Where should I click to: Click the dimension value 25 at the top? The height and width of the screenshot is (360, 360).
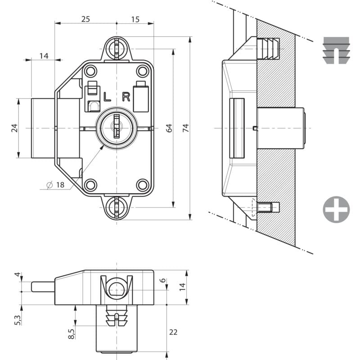pyautogui.click(x=85, y=19)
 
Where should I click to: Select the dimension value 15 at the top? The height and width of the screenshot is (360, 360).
pyautogui.click(x=135, y=19)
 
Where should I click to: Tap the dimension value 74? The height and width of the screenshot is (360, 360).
pyautogui.click(x=185, y=128)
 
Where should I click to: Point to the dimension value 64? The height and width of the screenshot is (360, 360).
pyautogui.click(x=169, y=128)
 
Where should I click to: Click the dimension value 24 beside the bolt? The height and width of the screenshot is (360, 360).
pyautogui.click(x=14, y=128)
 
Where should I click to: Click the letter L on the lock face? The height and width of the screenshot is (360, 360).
pyautogui.click(x=107, y=96)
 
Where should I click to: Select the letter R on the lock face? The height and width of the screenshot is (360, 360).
pyautogui.click(x=126, y=96)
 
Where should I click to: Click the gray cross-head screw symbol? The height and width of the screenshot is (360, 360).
pyautogui.click(x=336, y=209)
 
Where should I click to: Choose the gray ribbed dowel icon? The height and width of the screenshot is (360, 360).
pyautogui.click(x=336, y=50)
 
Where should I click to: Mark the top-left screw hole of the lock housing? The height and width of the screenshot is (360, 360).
pyautogui.click(x=90, y=71)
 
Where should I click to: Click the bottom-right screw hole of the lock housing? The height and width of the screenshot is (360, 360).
pyautogui.click(x=143, y=184)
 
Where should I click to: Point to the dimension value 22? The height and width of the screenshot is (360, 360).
pyautogui.click(x=174, y=332)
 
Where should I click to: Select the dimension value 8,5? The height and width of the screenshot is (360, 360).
pyautogui.click(x=71, y=333)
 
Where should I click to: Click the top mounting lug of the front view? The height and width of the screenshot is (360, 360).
pyautogui.click(x=117, y=48)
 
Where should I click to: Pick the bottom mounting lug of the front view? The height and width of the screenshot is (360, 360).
pyautogui.click(x=117, y=207)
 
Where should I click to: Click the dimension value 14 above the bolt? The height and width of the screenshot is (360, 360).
pyautogui.click(x=44, y=56)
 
